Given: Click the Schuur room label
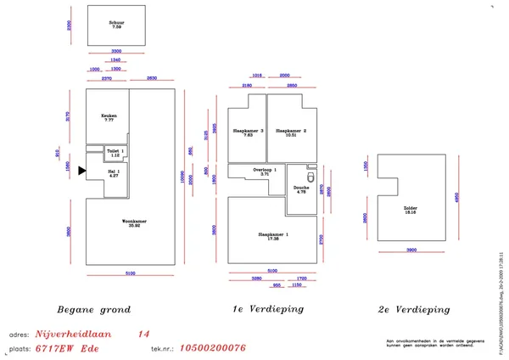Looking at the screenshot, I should (117, 25).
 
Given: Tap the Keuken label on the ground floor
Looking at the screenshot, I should (108, 117).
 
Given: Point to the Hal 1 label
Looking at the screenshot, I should (114, 173).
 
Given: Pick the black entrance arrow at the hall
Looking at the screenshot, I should (82, 171).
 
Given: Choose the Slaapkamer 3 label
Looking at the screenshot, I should (249, 133).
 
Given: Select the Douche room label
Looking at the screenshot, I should (301, 189).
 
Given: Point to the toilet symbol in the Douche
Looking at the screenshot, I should (312, 177).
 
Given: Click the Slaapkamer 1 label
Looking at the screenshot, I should (272, 236).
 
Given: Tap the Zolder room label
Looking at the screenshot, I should (411, 209).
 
